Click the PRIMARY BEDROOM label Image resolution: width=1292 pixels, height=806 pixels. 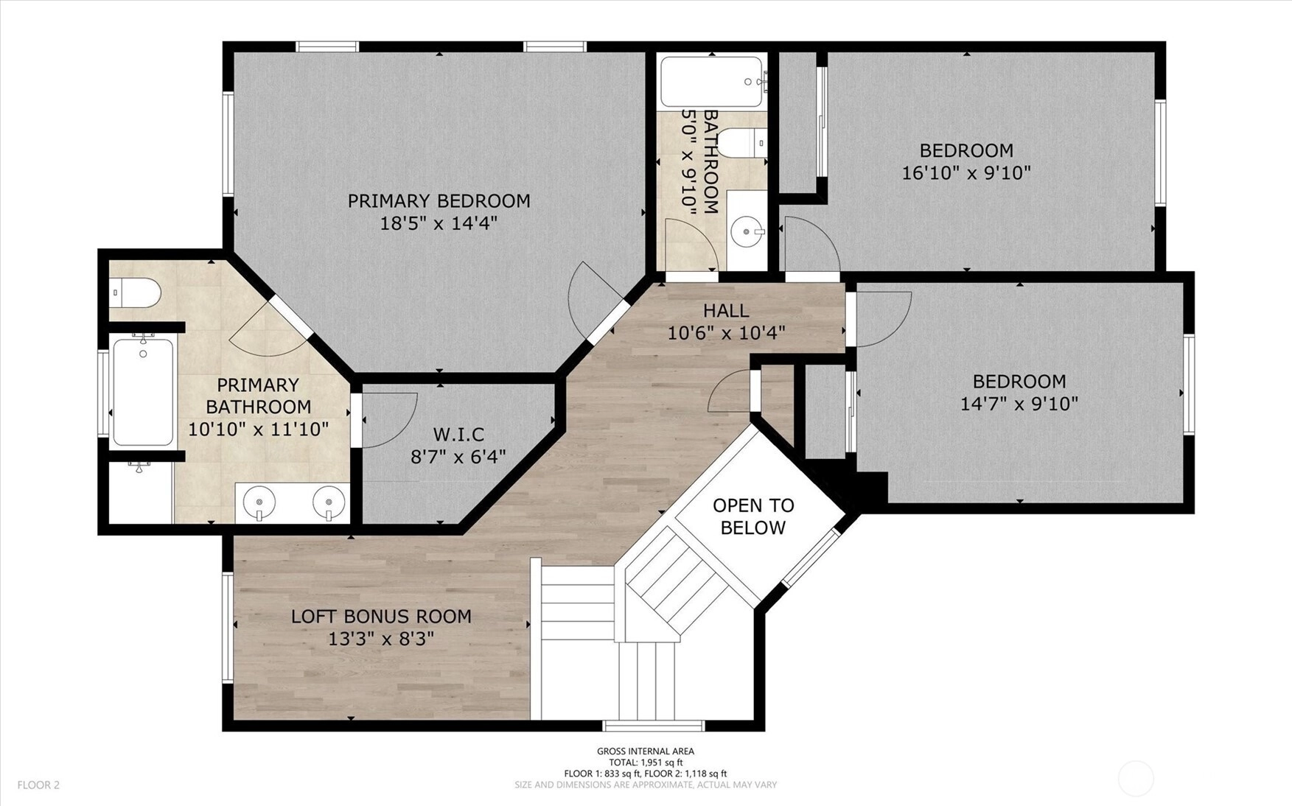[x=439, y=200]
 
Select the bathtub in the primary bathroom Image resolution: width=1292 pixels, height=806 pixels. [x=143, y=391]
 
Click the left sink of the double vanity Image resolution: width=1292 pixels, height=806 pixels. [x=259, y=504]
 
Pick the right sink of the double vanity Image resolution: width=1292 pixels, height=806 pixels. [x=329, y=504]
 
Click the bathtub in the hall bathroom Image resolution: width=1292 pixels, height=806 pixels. [x=712, y=82]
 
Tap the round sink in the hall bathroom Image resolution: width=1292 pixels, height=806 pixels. [x=748, y=232]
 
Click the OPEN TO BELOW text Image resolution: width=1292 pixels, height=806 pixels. [x=753, y=516]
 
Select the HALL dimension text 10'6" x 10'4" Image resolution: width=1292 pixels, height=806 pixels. [x=726, y=334]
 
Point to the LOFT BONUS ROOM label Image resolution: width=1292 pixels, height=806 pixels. [x=381, y=616]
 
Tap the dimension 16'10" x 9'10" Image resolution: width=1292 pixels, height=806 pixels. [x=966, y=173]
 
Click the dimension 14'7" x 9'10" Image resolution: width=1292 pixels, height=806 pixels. [x=1019, y=404]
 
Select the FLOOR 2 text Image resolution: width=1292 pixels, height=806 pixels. [x=38, y=785]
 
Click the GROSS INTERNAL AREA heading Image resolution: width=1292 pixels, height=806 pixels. [x=646, y=751]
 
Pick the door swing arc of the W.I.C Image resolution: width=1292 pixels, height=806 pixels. [x=402, y=431]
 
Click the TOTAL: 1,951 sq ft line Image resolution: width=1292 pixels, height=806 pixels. [x=646, y=763]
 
